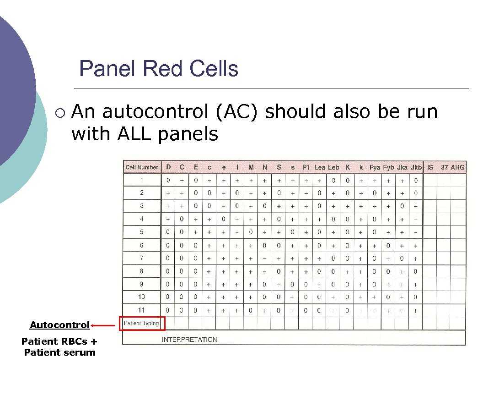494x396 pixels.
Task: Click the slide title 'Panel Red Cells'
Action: click(x=159, y=69)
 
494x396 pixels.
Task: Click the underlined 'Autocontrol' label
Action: click(x=59, y=325)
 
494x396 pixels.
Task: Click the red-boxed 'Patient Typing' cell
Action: click(x=142, y=323)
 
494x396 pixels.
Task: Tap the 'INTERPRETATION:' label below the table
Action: click(x=190, y=340)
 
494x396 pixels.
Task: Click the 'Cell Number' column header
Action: click(x=142, y=167)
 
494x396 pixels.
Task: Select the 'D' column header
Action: click(x=168, y=167)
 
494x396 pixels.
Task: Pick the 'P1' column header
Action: click(x=306, y=167)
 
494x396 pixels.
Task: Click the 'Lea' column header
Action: click(x=319, y=167)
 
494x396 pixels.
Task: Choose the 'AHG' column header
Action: click(x=457, y=167)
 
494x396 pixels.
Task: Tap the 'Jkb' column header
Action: click(x=416, y=167)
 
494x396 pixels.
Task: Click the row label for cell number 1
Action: click(x=142, y=180)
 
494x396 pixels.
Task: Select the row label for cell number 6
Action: click(x=142, y=245)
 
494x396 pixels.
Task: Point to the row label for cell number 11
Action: click(x=142, y=310)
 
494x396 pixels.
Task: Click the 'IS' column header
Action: click(x=430, y=167)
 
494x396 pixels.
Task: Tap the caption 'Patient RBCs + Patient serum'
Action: click(x=59, y=347)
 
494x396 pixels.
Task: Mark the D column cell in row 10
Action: click(x=168, y=297)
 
